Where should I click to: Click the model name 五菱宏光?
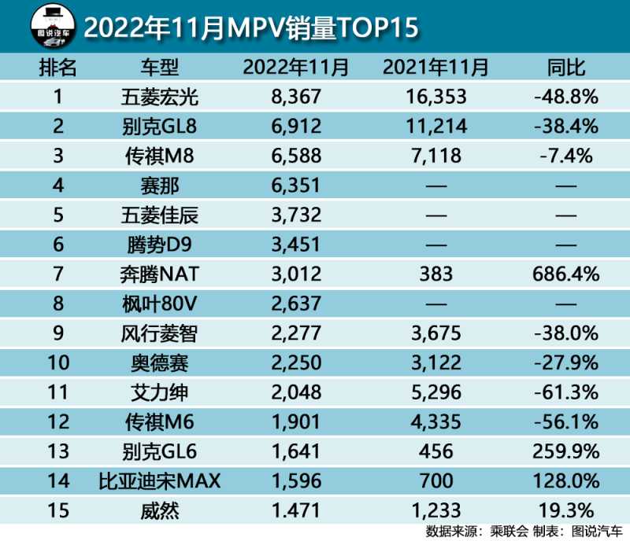(155, 97)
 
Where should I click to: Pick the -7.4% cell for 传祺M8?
(565, 156)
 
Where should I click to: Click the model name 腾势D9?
(155, 245)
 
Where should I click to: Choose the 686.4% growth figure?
(565, 274)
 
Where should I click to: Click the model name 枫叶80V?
(155, 304)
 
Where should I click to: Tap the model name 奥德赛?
(155, 363)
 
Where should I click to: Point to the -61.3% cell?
(565, 392)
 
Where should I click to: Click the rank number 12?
(57, 422)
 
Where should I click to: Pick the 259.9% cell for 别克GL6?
(565, 451)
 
